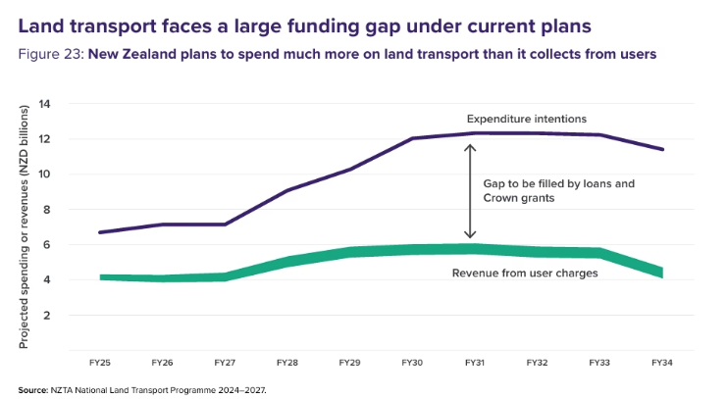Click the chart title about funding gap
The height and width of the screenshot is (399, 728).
tap(304, 26)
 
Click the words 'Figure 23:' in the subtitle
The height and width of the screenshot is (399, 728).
tap(51, 54)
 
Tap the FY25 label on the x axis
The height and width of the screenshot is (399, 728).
tap(100, 363)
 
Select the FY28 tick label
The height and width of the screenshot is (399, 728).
tap(286, 363)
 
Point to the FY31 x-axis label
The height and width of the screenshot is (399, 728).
tap(475, 363)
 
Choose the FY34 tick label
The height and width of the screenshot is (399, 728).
tap(661, 363)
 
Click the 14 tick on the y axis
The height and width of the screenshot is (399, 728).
tap(44, 104)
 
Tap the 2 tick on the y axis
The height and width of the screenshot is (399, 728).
tap(46, 315)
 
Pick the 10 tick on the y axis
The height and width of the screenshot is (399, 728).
tap(44, 175)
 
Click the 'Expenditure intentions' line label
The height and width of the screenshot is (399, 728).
tap(527, 119)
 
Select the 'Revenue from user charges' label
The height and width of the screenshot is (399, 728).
tap(525, 273)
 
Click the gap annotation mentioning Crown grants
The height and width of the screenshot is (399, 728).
tap(558, 191)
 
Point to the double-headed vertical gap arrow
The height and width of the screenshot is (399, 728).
tap(470, 191)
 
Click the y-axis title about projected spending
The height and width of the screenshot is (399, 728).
tap(24, 226)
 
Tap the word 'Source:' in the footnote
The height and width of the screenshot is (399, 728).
tap(33, 390)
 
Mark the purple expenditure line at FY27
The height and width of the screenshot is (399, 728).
tap(225, 224)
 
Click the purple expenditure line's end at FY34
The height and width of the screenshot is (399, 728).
tap(662, 149)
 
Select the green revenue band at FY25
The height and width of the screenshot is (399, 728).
tap(100, 277)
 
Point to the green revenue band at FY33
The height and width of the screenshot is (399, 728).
tap(599, 253)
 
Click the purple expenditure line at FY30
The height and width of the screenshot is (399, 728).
tap(412, 138)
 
